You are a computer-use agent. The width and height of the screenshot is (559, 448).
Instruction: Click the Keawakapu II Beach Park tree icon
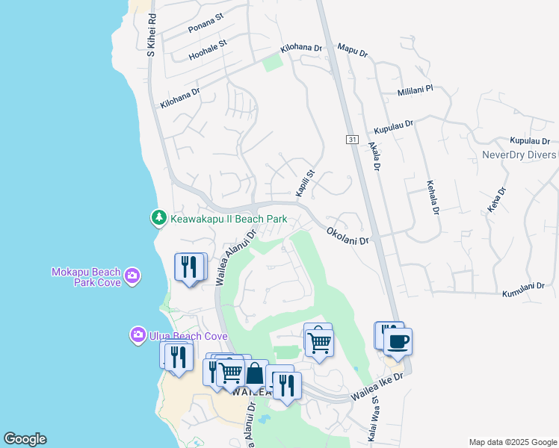pos(158,218)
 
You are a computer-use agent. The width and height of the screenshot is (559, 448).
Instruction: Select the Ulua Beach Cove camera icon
pos(138,335)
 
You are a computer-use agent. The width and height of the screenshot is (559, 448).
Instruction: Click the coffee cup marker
pos(398,342)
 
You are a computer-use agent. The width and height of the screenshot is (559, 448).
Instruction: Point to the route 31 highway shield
pos(352,140)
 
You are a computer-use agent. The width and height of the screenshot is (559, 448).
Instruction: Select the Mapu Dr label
pos(353,52)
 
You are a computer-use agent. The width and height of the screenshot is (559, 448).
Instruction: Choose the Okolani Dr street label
pos(348,237)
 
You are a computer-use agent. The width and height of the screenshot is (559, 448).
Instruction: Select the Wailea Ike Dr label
pos(377,387)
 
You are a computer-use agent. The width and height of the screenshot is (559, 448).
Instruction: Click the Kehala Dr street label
pos(432,197)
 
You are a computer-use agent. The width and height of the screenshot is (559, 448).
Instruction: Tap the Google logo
pos(25,438)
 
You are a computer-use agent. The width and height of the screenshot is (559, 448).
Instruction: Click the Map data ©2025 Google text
pos(513,442)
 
